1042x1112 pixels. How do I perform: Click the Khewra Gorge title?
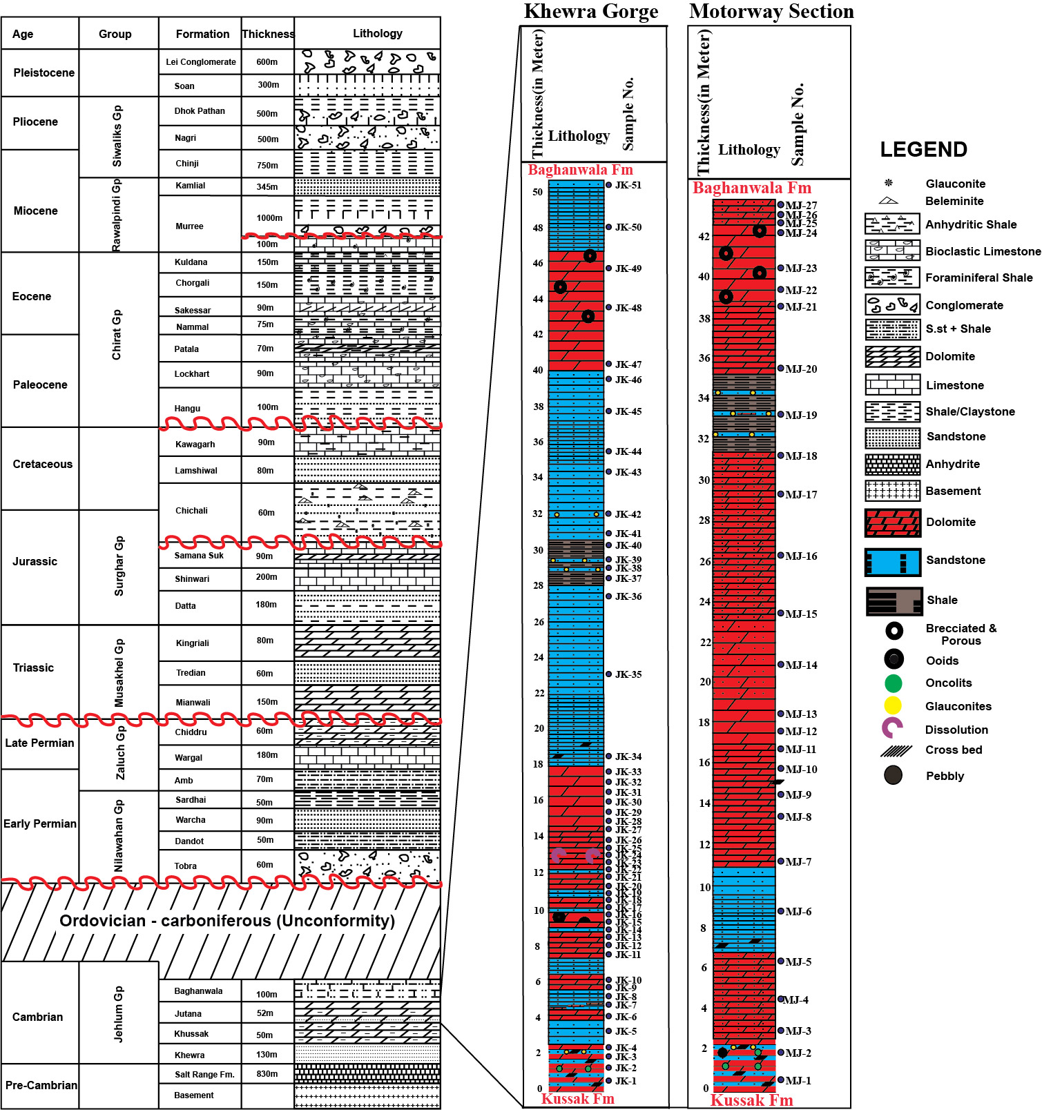point(591,12)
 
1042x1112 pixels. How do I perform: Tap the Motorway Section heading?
point(771,12)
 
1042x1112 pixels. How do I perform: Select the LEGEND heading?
point(923,150)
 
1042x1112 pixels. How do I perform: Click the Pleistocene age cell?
point(44,72)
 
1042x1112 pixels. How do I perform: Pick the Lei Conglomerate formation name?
point(201,62)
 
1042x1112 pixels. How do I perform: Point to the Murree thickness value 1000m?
point(269,218)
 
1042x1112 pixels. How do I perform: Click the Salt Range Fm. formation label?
point(204,1074)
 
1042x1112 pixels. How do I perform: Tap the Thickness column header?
point(268,34)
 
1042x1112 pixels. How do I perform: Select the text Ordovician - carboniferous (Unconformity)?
point(227,921)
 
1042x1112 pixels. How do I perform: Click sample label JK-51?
point(628,185)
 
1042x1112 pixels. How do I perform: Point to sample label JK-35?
point(628,674)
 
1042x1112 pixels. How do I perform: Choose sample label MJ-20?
point(800,369)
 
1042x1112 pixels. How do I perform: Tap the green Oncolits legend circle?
point(893,683)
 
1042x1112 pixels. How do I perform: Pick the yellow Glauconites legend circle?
point(893,705)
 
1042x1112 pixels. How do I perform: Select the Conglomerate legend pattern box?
point(892,304)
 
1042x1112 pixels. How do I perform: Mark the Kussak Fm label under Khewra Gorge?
point(577,1098)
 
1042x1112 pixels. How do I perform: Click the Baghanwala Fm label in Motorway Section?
point(752,188)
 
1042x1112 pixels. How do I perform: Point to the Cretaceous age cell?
point(42,464)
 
